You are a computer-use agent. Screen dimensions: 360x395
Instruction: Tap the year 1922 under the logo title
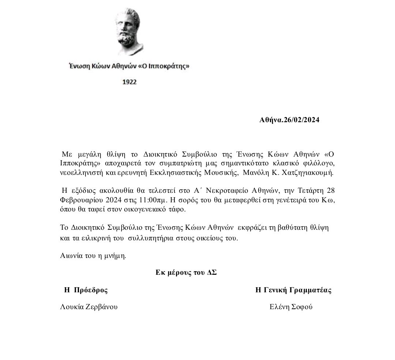[x=129, y=82]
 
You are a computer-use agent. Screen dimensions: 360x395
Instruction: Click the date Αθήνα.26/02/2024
[x=289, y=120]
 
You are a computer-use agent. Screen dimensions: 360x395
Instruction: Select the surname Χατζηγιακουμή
[x=311, y=172]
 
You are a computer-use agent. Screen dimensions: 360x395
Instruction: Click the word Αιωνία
[x=71, y=256]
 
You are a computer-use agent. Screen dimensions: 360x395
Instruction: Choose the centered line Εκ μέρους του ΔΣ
[x=186, y=273]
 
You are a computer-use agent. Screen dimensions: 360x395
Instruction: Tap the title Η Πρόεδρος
[x=86, y=290]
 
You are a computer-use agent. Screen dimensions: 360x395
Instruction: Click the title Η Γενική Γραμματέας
[x=293, y=290]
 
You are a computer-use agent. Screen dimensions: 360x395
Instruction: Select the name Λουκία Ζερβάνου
[x=89, y=307]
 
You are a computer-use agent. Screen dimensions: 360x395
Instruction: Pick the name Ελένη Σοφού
[x=291, y=307]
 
